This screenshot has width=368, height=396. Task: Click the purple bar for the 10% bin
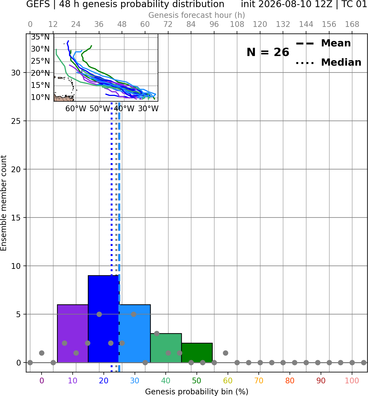pyautogui.click(x=73, y=333)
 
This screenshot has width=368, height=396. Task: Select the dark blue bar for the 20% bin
pyautogui.click(x=103, y=319)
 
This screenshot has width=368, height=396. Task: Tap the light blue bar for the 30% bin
pyautogui.click(x=135, y=333)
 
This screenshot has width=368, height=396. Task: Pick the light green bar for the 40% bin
pyautogui.click(x=166, y=348)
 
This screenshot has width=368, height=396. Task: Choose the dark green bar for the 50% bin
pyautogui.click(x=197, y=353)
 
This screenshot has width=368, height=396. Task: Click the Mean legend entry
pyautogui.click(x=323, y=43)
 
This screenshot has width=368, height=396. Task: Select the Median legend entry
pyautogui.click(x=328, y=62)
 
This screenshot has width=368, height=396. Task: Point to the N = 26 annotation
pyautogui.click(x=268, y=52)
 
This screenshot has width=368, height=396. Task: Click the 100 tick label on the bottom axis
pyautogui.click(x=352, y=381)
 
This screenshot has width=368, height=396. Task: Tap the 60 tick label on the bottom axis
pyautogui.click(x=228, y=381)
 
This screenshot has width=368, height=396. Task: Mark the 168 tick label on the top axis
pyautogui.click(x=352, y=24)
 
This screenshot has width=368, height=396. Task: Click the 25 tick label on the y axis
pyautogui.click(x=16, y=121)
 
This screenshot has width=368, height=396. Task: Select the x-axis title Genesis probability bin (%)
pyautogui.click(x=197, y=391)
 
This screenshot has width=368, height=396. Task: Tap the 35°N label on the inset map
pyautogui.click(x=40, y=37)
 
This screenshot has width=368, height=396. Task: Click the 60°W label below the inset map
pyautogui.click(x=76, y=109)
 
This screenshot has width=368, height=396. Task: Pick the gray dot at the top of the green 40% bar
pyautogui.click(x=157, y=333)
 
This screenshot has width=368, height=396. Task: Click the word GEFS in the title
pyautogui.click(x=38, y=4)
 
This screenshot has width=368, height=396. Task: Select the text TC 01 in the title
pyautogui.click(x=354, y=4)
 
